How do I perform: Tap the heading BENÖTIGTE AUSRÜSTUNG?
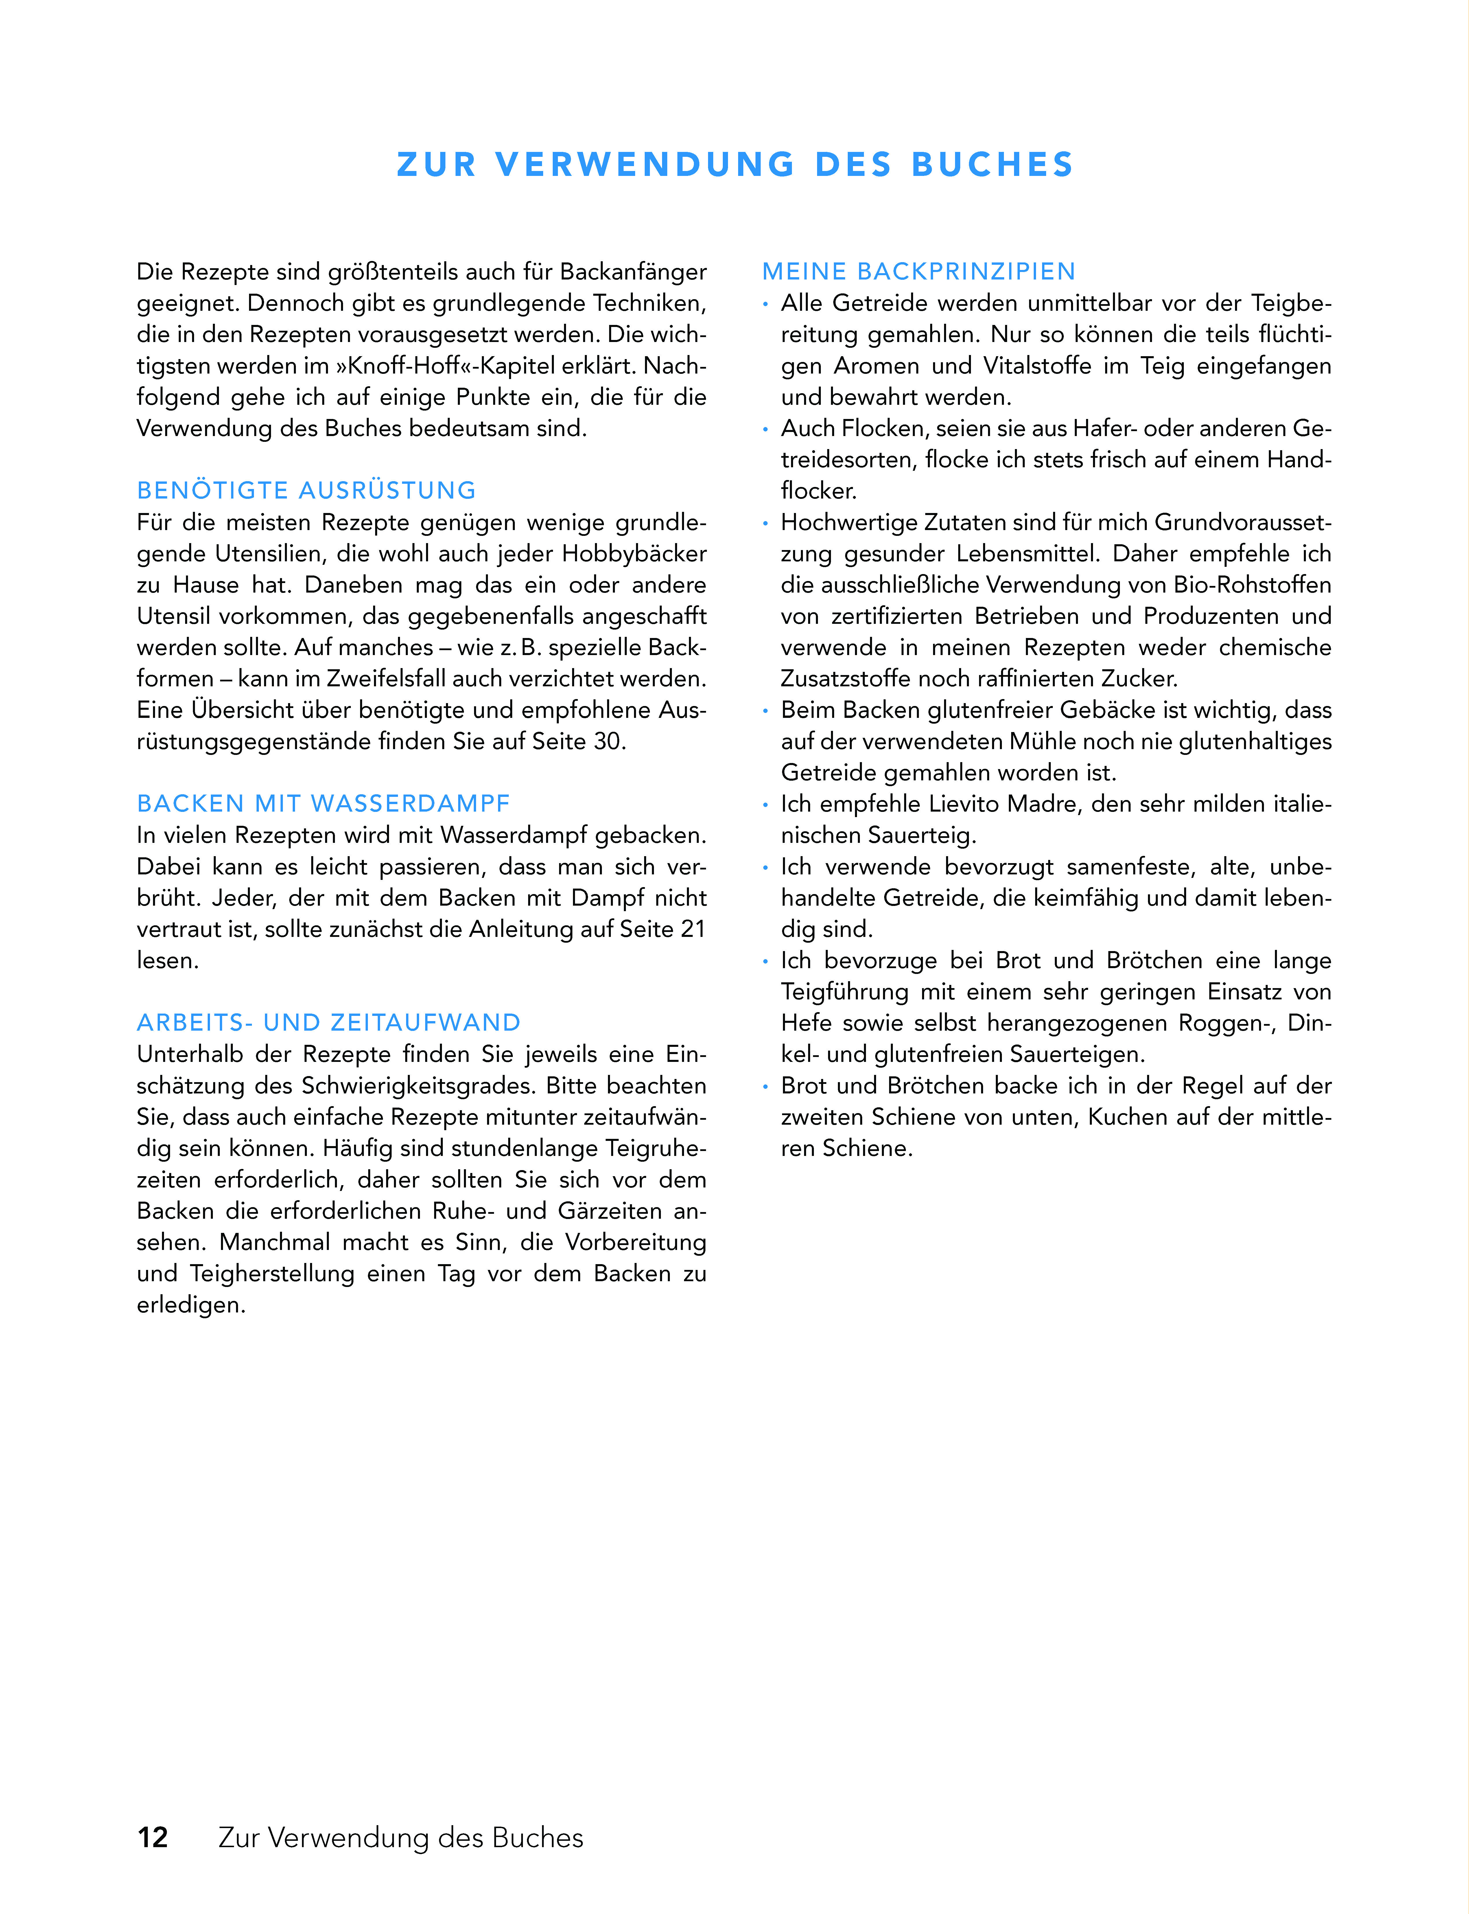pos(306,491)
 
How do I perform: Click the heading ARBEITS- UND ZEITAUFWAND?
pos(329,1023)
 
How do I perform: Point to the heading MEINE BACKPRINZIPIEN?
pos(918,272)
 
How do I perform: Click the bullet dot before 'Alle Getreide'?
pos(765,304)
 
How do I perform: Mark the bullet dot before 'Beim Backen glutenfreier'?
pos(765,711)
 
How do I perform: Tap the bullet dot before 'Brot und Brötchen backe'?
pos(765,1086)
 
